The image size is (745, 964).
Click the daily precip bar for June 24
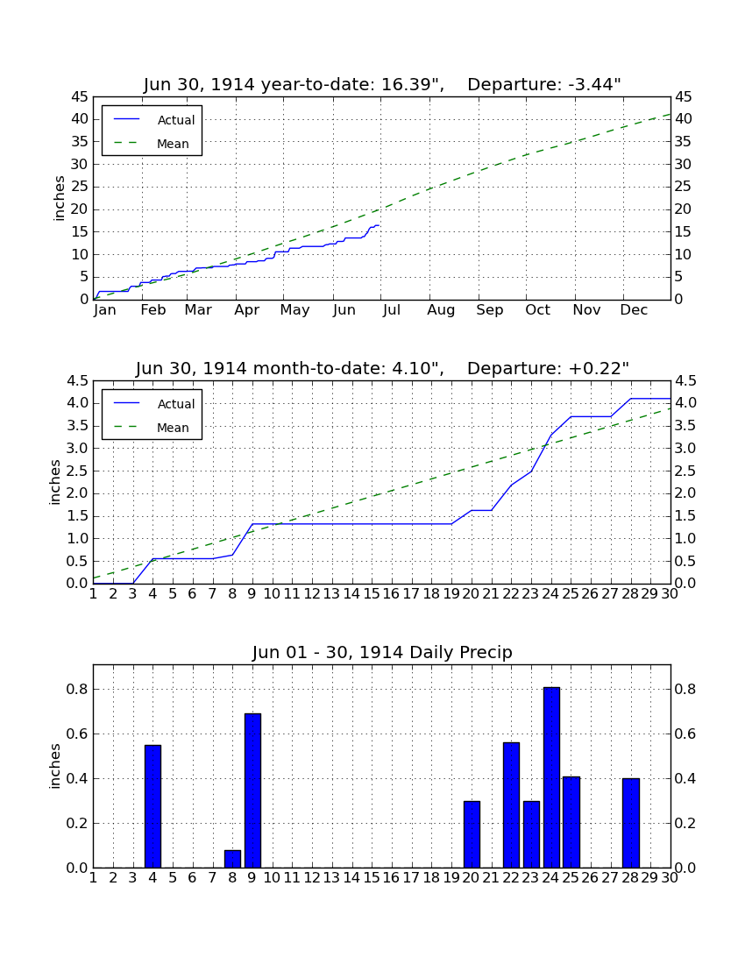(x=551, y=777)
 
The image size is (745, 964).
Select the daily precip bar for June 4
(x=153, y=806)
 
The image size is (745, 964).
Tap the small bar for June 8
(x=232, y=859)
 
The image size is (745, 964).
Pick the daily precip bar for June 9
(x=252, y=790)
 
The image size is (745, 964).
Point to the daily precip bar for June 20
(x=472, y=834)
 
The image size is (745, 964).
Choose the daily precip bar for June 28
(x=631, y=823)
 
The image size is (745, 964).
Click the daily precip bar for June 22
(x=511, y=805)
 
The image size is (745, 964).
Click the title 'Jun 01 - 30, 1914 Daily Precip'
(x=382, y=652)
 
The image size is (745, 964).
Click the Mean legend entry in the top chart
(x=152, y=144)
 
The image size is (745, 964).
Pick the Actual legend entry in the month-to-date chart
(x=152, y=404)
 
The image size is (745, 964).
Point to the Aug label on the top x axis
(x=441, y=310)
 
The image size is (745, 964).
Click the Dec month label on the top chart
(x=634, y=310)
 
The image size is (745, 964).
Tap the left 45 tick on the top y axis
(x=81, y=97)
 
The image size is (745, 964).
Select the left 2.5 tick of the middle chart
(x=78, y=471)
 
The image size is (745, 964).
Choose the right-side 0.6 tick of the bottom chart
(x=685, y=734)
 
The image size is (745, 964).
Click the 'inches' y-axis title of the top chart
(x=59, y=198)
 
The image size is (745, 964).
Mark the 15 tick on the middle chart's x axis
(x=372, y=594)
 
